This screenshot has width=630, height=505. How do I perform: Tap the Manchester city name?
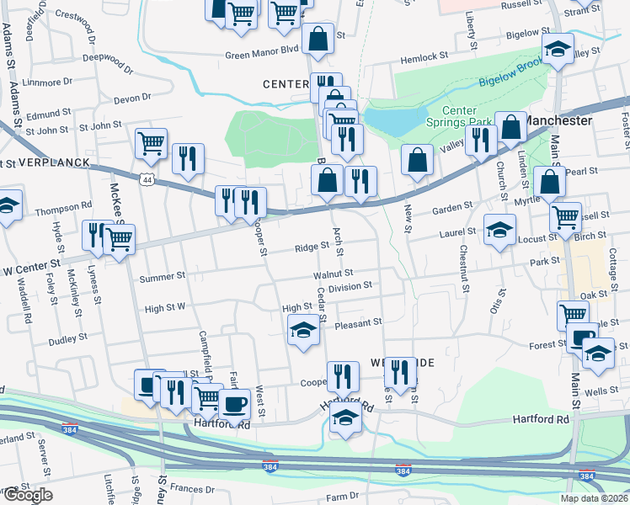click(x=557, y=120)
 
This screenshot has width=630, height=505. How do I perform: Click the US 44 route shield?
click(x=147, y=180)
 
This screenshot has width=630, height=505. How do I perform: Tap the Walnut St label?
click(x=331, y=273)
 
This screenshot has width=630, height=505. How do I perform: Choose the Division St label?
click(x=350, y=286)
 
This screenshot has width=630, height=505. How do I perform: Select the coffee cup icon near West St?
click(x=235, y=403)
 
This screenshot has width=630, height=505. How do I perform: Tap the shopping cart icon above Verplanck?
click(x=151, y=142)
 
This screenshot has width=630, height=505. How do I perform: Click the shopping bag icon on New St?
click(x=417, y=159)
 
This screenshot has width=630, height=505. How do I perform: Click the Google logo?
click(x=27, y=495)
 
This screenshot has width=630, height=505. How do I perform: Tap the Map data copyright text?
click(x=594, y=498)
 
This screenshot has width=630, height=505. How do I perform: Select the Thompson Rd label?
click(x=64, y=205)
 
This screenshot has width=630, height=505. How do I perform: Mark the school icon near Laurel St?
click(x=499, y=230)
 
